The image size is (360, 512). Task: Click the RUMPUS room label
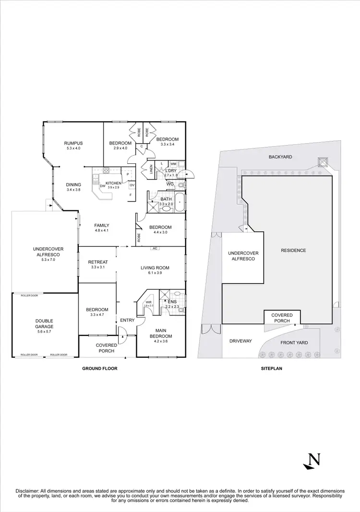pyautogui.click(x=74, y=143)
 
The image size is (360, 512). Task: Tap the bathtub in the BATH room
pyautogui.click(x=180, y=202)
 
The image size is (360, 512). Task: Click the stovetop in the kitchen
pyautogui.click(x=106, y=170)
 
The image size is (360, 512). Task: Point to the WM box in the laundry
pyautogui.click(x=173, y=164)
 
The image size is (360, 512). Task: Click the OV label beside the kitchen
pyautogui.click(x=132, y=185)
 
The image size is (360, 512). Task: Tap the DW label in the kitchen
pyautogui.click(x=102, y=186)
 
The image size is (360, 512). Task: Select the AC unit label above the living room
pyautogui.click(x=155, y=248)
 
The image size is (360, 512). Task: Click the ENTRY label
pyautogui.click(x=127, y=320)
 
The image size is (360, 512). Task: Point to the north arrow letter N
pyautogui.click(x=314, y=460)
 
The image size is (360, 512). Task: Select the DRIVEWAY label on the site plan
pyautogui.click(x=240, y=341)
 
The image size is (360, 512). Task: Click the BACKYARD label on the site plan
pyautogui.click(x=280, y=157)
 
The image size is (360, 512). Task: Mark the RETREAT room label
pyautogui.click(x=97, y=262)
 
